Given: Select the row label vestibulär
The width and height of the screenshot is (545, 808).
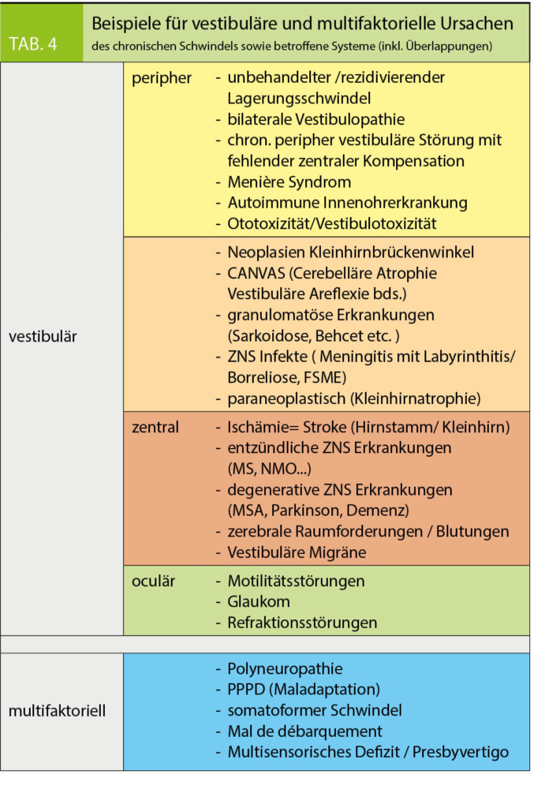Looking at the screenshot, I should [x=43, y=336].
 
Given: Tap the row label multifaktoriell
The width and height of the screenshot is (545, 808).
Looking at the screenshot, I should [x=57, y=710].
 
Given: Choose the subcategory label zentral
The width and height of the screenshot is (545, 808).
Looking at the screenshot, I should [x=155, y=428].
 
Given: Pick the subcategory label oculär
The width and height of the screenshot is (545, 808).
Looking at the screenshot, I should [x=153, y=582].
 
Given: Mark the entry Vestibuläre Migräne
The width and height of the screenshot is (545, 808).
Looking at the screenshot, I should [x=297, y=552].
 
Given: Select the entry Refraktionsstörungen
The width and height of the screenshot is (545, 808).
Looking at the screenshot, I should [x=302, y=623].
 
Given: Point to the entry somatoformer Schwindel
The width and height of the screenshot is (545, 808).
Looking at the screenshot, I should [x=314, y=710].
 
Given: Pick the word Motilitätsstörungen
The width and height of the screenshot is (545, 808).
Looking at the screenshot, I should [x=296, y=582].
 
